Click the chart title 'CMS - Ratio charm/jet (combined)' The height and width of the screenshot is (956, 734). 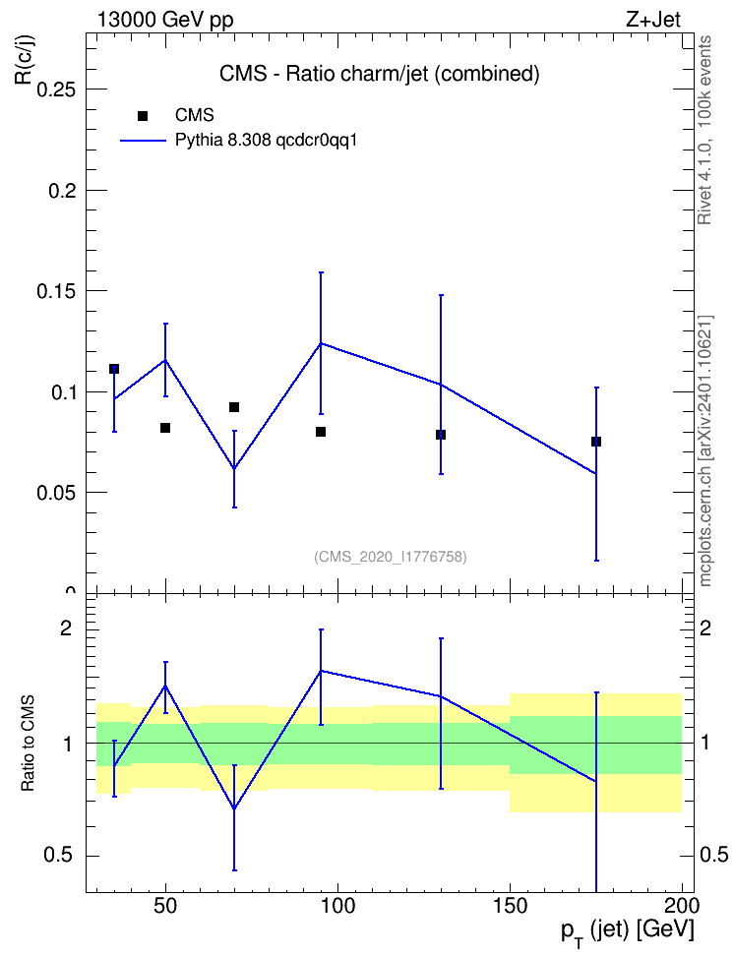point(380,74)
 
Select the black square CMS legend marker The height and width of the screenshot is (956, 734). point(143,116)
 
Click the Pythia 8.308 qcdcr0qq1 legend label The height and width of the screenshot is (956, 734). point(266,141)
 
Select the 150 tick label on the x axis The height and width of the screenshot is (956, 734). point(510,906)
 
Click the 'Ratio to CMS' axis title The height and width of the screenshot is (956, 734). point(28,744)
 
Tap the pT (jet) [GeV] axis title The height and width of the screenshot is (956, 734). point(627,932)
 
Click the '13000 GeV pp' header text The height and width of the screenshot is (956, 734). point(165,20)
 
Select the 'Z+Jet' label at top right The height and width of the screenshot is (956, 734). point(653,20)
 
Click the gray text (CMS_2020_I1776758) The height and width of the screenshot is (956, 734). point(391,557)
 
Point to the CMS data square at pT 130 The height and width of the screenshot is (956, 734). point(441,435)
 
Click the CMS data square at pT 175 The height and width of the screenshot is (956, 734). point(596,442)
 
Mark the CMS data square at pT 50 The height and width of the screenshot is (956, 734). point(165,428)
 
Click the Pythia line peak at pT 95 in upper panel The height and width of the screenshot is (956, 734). point(321,343)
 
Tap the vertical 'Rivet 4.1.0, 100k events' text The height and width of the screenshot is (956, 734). point(704,130)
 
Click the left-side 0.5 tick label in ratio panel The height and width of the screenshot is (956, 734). point(58,856)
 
